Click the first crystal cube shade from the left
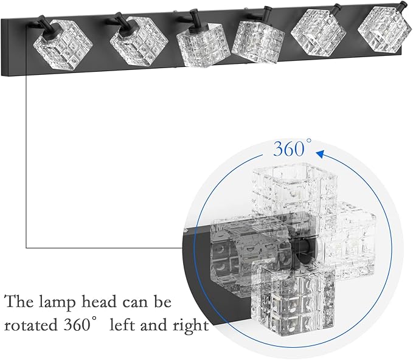[x=63, y=45]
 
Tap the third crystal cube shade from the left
[x=202, y=45]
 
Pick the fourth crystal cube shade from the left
[x=258, y=41]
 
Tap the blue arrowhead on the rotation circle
[x=320, y=154]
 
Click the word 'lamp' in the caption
[x=57, y=302]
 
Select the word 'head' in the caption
[x=99, y=301]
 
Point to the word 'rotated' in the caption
[x=31, y=325]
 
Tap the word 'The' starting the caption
[x=19, y=301]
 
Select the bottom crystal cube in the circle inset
[x=293, y=301]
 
